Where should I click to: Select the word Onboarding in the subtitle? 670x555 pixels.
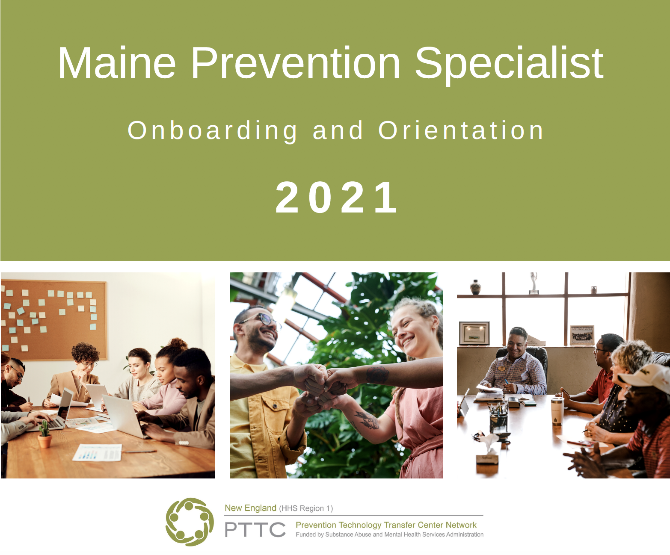click(212, 131)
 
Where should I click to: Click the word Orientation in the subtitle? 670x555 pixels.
click(461, 130)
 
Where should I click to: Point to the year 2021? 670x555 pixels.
click(336, 197)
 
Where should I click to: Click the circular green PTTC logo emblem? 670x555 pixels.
click(190, 522)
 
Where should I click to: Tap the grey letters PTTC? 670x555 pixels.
click(255, 529)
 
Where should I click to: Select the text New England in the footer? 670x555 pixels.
click(250, 508)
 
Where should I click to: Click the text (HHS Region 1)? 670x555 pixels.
click(306, 508)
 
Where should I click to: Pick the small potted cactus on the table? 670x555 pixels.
click(44, 434)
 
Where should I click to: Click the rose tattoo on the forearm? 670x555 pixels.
click(377, 375)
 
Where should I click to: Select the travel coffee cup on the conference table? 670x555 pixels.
click(557, 411)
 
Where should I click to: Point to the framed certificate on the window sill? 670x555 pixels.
click(474, 334)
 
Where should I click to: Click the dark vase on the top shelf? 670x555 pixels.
click(475, 287)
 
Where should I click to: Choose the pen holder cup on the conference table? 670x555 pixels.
click(498, 419)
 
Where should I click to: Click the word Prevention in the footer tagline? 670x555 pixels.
click(316, 525)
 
